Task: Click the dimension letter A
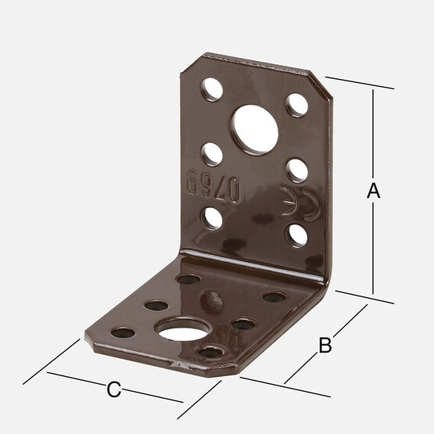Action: point(373,190)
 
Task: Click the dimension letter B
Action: point(325,345)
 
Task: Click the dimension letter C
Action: point(113,389)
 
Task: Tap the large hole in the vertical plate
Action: point(255,130)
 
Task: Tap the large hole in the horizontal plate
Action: point(183,330)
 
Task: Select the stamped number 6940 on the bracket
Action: point(213,187)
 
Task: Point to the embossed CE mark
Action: point(300,203)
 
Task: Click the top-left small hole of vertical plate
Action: point(212,89)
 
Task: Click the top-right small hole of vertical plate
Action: point(296,106)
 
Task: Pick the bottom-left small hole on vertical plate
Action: point(213,219)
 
